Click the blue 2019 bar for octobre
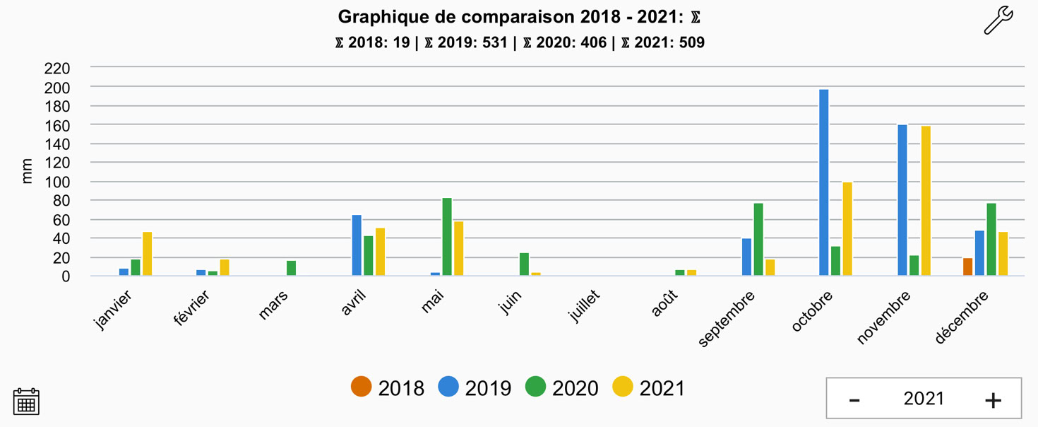tap(823, 182)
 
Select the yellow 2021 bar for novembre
tap(926, 201)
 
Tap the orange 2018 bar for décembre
tap(967, 267)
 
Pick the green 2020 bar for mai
tap(447, 237)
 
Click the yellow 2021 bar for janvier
tap(147, 254)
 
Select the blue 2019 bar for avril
tap(357, 245)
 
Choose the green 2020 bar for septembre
tap(758, 240)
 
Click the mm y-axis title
tap(28, 172)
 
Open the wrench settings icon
tap(998, 21)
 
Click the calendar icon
tap(26, 402)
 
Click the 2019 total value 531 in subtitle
tap(494, 42)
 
